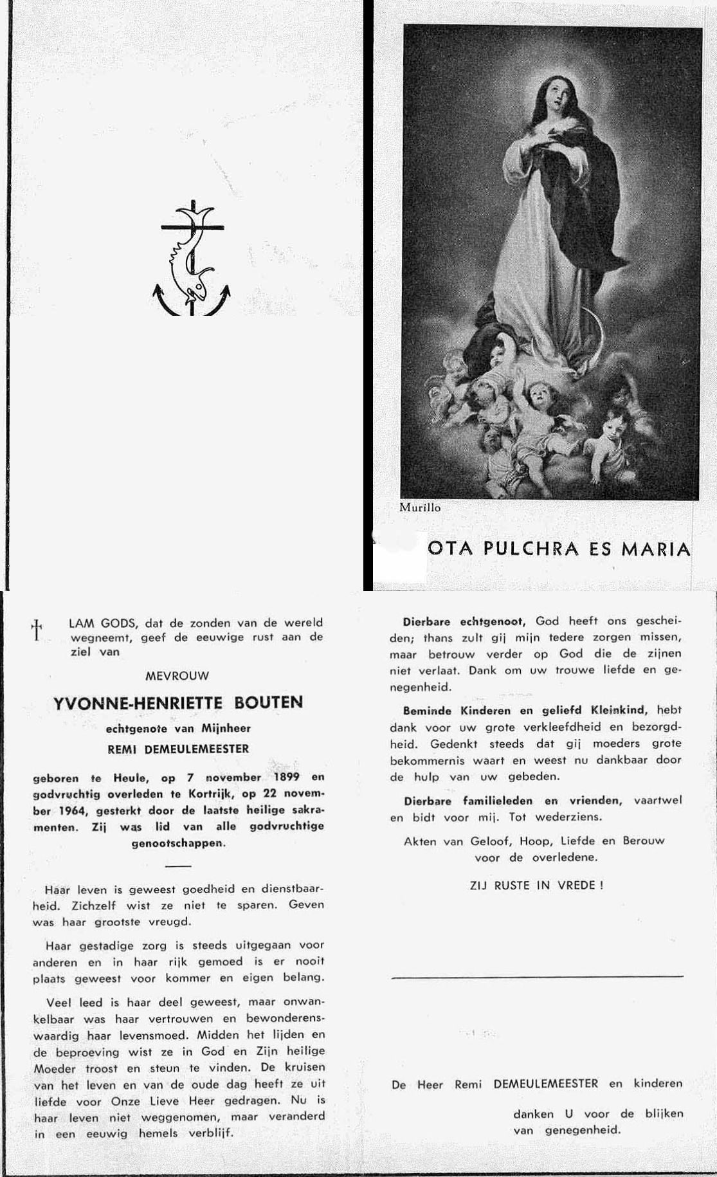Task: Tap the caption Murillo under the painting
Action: pyautogui.click(x=420, y=507)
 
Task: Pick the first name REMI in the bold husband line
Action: pyautogui.click(x=123, y=749)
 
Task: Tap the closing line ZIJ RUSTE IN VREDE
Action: pyautogui.click(x=536, y=885)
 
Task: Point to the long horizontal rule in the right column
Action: pyautogui.click(x=537, y=977)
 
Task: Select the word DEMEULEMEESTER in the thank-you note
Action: pyautogui.click(x=545, y=1084)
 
